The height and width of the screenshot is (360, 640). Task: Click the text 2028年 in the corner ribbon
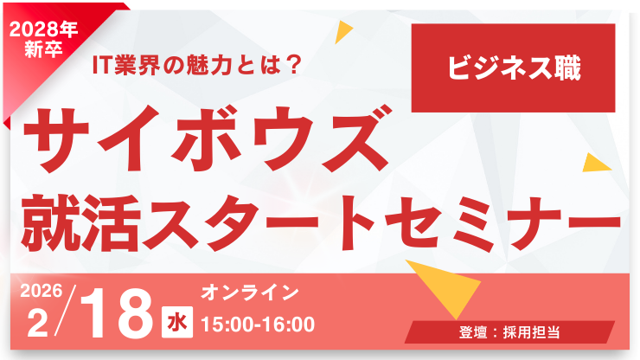tap(46, 29)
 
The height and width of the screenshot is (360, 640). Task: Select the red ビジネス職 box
tap(513, 68)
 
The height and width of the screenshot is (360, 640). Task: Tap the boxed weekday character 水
tap(176, 323)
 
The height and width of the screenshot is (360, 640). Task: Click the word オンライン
tap(250, 292)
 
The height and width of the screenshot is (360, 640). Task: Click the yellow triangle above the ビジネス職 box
tap(344, 32)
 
